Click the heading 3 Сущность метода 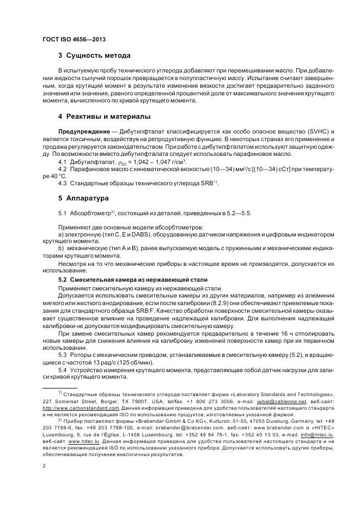coord(94,56)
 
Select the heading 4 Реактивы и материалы coord(104,117)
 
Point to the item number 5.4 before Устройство coord(62,371)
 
